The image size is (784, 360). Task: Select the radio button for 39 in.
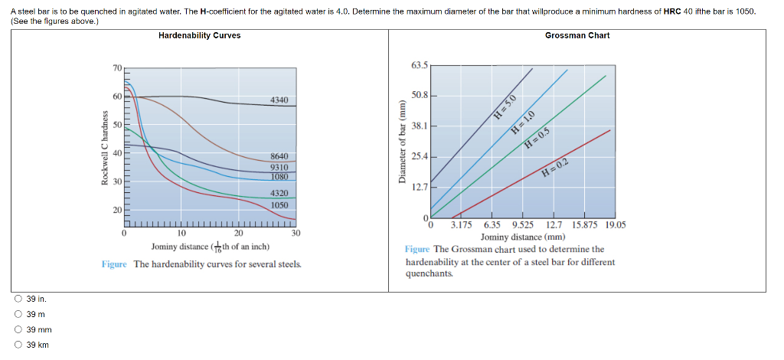click(17, 299)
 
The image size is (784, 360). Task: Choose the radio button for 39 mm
click(17, 329)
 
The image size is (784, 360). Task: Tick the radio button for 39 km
click(17, 345)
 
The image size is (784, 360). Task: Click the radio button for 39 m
click(17, 315)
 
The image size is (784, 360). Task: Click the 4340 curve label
click(279, 100)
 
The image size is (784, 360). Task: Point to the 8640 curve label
click(279, 156)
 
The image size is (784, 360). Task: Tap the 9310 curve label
click(279, 167)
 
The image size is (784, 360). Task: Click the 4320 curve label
click(279, 194)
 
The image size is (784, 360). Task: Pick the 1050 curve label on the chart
click(279, 205)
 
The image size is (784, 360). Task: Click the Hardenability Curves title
click(199, 35)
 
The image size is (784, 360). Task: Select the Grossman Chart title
click(577, 35)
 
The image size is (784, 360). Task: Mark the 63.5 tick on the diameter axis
click(420, 65)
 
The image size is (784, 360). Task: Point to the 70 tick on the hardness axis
click(117, 69)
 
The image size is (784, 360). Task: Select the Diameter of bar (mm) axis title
click(400, 141)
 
